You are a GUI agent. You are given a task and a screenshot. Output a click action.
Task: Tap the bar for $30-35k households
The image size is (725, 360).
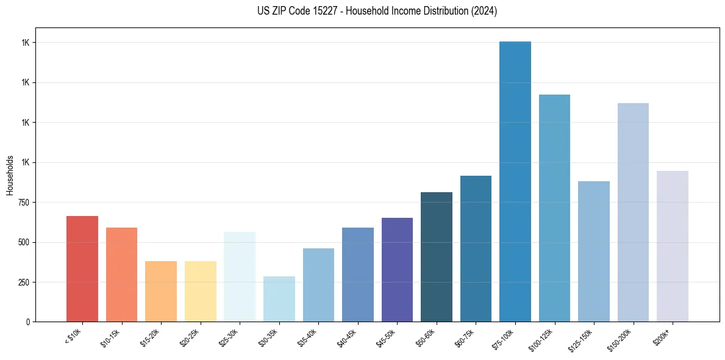279,299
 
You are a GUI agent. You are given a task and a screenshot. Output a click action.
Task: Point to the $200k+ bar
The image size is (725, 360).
672,247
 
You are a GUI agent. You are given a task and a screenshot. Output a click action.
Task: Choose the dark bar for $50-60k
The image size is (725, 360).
436,257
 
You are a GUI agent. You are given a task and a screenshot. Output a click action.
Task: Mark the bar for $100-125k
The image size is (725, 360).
554,208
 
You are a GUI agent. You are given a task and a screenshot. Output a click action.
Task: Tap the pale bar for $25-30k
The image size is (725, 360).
240,277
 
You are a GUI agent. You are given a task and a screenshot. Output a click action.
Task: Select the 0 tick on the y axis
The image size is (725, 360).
28,322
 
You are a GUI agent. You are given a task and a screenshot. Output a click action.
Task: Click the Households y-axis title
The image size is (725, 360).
10,175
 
